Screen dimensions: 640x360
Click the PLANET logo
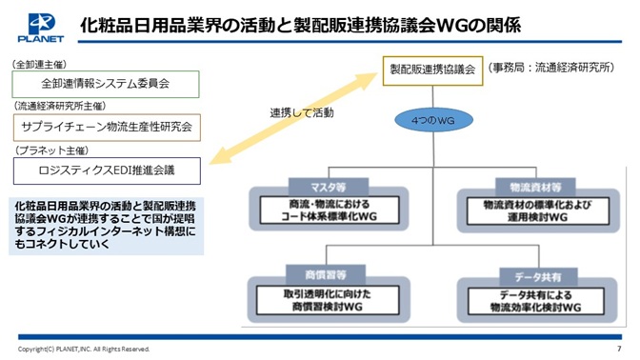pyautogui.click(x=40, y=28)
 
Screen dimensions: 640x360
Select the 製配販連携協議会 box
pyautogui.click(x=432, y=70)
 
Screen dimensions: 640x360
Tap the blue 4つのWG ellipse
pyautogui.click(x=433, y=120)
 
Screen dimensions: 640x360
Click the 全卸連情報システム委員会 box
pyautogui.click(x=106, y=84)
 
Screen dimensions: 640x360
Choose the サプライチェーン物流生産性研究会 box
pyautogui.click(x=107, y=128)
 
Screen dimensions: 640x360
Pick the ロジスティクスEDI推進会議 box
pyautogui.click(x=107, y=170)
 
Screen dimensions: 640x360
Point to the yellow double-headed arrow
pyautogui.click(x=293, y=118)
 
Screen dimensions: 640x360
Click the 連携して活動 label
pyautogui.click(x=302, y=112)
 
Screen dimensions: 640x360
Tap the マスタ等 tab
pyautogui.click(x=329, y=187)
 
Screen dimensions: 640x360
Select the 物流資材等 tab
pyautogui.click(x=535, y=188)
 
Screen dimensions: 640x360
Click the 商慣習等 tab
pyautogui.click(x=326, y=274)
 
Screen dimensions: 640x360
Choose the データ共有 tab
pyautogui.click(x=538, y=277)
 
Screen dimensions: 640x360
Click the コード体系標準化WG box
pyautogui.click(x=329, y=210)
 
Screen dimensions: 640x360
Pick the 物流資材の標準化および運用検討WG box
pyautogui.click(x=538, y=211)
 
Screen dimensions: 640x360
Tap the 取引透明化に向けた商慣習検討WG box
pyautogui.click(x=328, y=300)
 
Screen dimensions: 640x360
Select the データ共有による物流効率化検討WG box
pyautogui.click(x=536, y=301)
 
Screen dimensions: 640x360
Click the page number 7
pyautogui.click(x=619, y=349)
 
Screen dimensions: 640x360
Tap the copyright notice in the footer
pyautogui.click(x=84, y=349)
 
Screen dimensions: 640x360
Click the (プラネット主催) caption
pyautogui.click(x=51, y=150)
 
